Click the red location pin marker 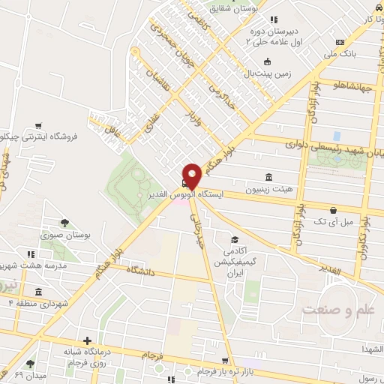[x=192, y=175]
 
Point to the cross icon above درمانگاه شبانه [x=88, y=340]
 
